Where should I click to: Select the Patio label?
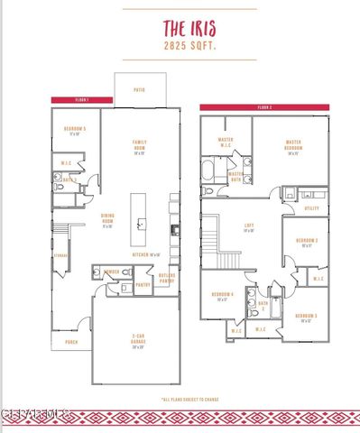[139, 90]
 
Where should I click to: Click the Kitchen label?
[145, 254]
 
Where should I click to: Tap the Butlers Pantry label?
[167, 278]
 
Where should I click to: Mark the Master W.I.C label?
[226, 143]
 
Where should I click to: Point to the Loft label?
[249, 227]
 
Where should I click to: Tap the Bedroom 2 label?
[307, 241]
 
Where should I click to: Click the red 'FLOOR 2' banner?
[264, 107]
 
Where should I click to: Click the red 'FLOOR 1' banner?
[82, 98]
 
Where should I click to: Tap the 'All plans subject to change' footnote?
[191, 398]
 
